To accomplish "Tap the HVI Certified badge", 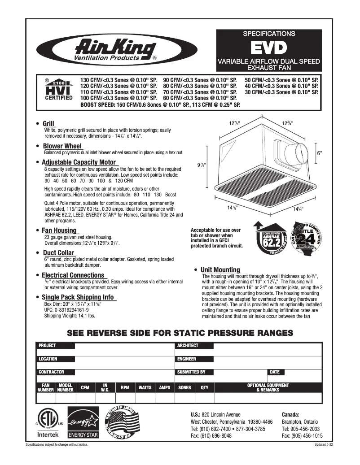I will [x=54, y=90].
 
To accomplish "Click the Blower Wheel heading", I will [x=62, y=146].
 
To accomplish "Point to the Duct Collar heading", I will [x=58, y=253].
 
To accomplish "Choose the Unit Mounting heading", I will [x=220, y=269].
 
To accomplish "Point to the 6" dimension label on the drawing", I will [x=320, y=153].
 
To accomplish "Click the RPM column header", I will [x=125, y=387].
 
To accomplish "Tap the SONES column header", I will [x=184, y=387].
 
